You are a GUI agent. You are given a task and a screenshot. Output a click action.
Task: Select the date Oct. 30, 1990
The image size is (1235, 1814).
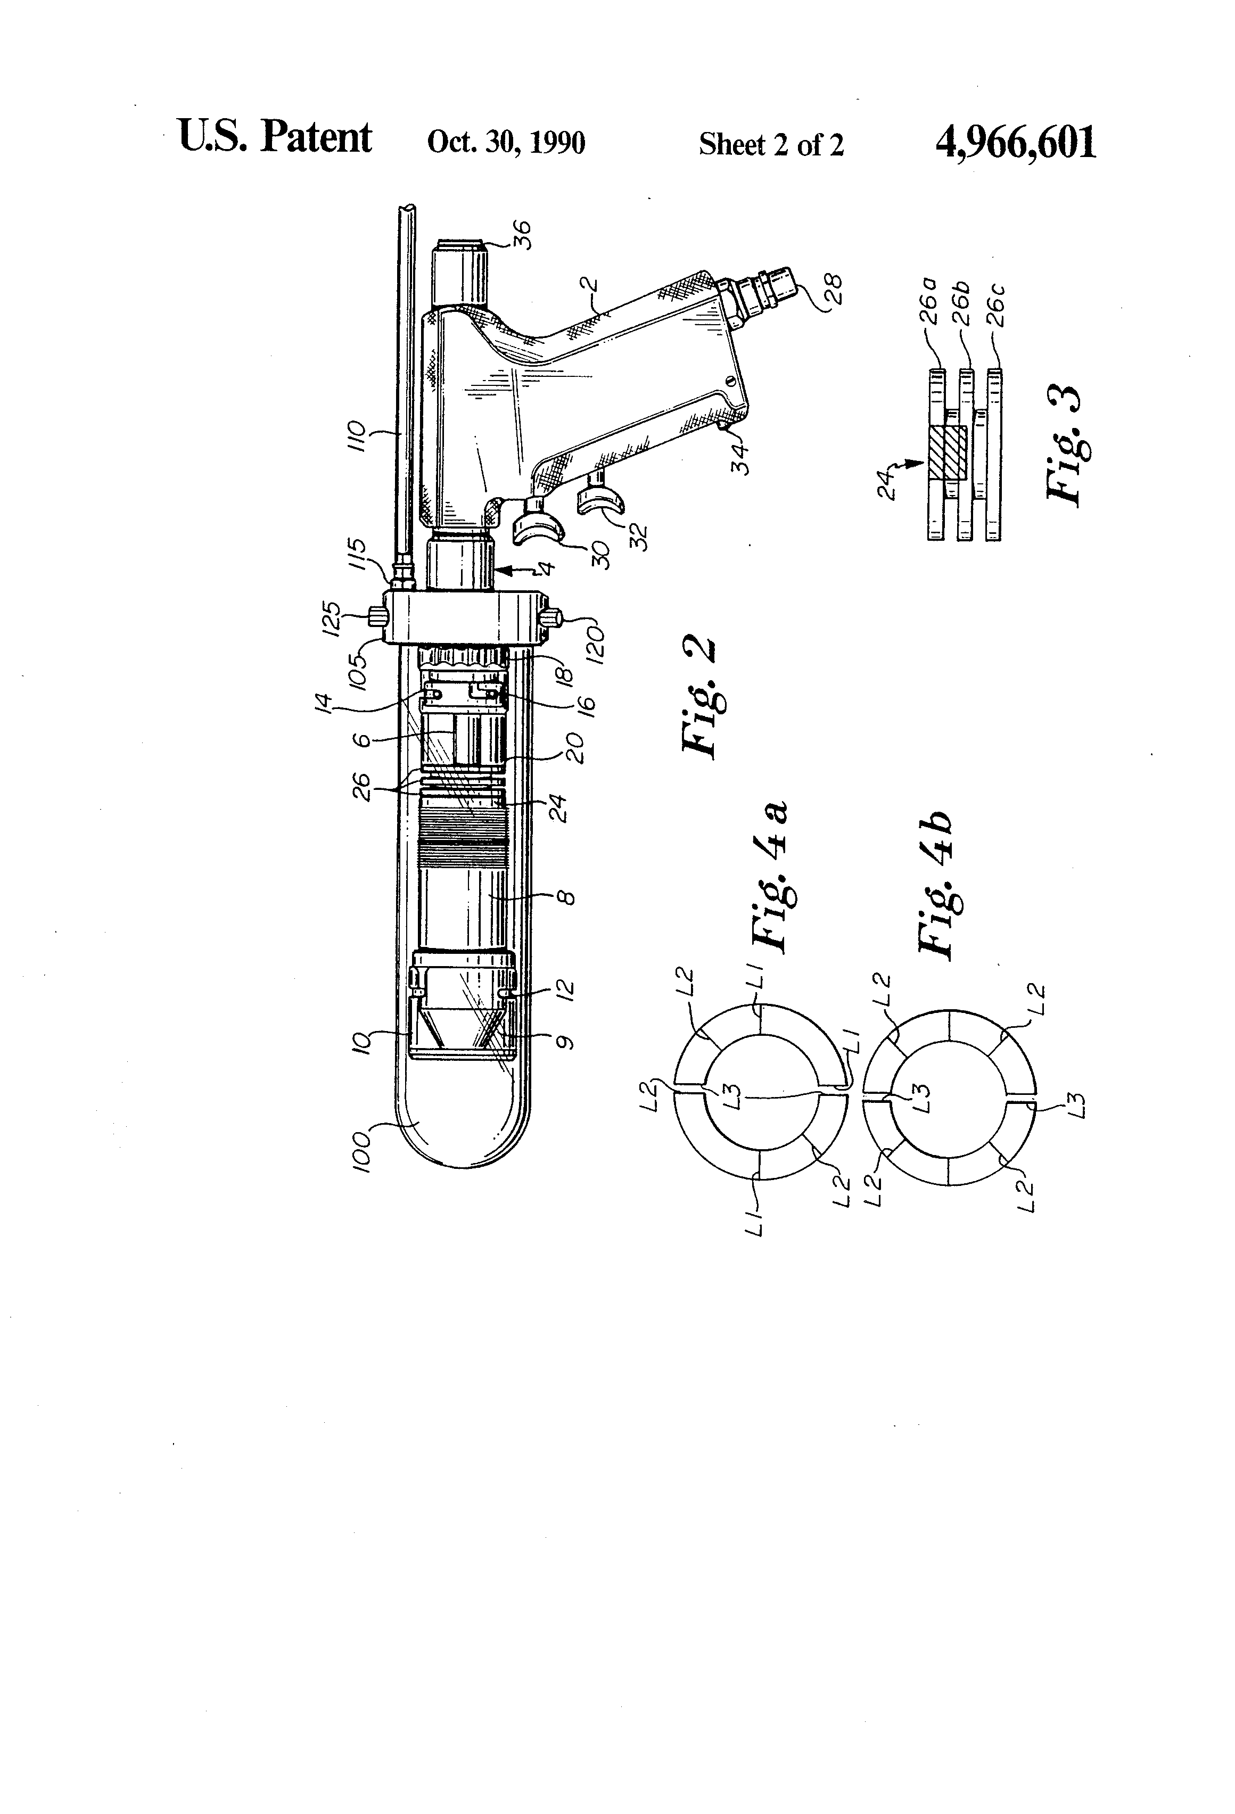tap(506, 143)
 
